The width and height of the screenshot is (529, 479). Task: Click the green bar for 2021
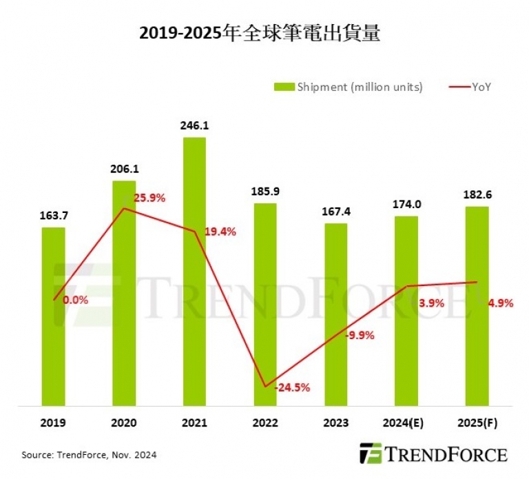(x=194, y=272)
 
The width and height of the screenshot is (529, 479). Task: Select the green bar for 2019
(x=53, y=316)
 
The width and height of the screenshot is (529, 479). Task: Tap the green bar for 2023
(x=335, y=314)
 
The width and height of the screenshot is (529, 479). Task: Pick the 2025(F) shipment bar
(x=477, y=306)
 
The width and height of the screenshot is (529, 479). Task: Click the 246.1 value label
(x=194, y=126)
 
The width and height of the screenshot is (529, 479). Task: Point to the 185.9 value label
(x=265, y=192)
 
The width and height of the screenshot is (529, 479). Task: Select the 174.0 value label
(x=406, y=205)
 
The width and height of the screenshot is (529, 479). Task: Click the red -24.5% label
(x=292, y=387)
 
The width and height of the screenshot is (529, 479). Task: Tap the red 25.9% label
(x=149, y=198)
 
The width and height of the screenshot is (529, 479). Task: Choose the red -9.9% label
(x=360, y=336)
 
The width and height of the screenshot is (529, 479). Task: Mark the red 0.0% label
(x=75, y=300)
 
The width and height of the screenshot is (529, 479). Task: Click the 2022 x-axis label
(x=265, y=423)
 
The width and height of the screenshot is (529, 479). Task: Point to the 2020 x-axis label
(x=124, y=423)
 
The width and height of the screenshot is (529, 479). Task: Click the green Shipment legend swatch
(x=284, y=87)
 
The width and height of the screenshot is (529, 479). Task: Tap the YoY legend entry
(x=470, y=87)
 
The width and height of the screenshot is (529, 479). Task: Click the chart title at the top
(x=260, y=33)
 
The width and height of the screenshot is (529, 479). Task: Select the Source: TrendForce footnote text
(x=89, y=455)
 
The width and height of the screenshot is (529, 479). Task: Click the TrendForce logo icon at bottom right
(x=371, y=453)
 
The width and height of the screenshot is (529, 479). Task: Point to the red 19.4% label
(x=220, y=232)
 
